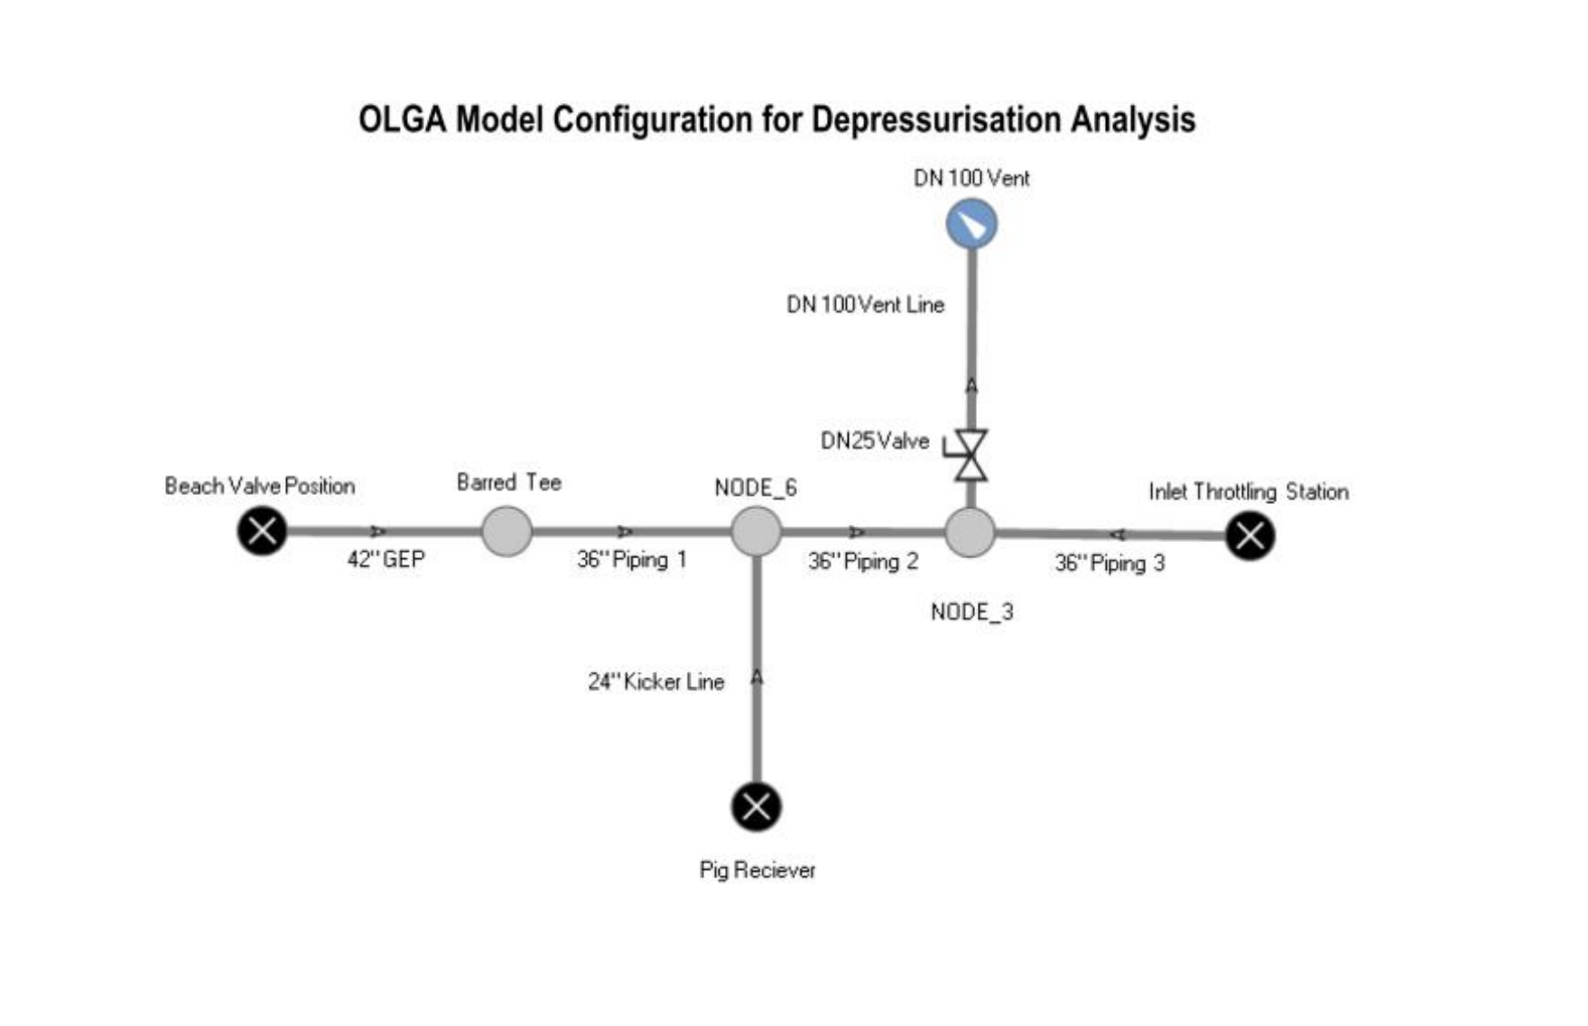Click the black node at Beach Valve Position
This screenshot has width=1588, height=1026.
tap(262, 531)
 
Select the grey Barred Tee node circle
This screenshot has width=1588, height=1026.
tap(506, 531)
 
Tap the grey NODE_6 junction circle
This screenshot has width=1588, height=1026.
tap(756, 531)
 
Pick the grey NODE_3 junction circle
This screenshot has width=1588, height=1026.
tap(970, 532)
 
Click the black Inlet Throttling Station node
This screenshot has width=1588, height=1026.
tap(1250, 536)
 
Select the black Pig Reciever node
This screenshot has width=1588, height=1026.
tap(756, 807)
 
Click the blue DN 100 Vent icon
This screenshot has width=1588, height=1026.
tap(971, 224)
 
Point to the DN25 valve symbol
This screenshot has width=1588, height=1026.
tap(970, 455)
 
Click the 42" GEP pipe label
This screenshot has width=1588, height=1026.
tap(385, 559)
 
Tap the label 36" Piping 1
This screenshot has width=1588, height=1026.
tap(632, 559)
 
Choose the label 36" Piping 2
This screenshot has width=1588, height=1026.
tap(863, 561)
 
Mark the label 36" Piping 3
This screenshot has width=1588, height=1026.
tap(1110, 563)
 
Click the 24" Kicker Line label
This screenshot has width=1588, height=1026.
tap(655, 682)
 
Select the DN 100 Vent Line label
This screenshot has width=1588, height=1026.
tap(865, 304)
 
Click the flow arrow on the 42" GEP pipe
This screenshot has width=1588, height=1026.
tap(378, 531)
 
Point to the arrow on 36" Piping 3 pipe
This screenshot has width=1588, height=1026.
tap(1117, 535)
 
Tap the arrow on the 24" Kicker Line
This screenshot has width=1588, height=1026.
tap(757, 676)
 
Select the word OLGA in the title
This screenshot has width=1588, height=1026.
tap(402, 119)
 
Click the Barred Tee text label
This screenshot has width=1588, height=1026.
tap(508, 482)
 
